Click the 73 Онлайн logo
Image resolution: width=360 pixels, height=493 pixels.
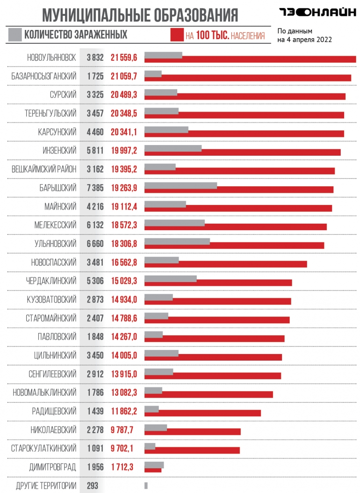(317, 13)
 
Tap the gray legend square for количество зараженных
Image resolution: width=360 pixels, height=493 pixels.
(15, 35)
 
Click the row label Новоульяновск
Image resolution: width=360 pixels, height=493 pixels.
(51, 58)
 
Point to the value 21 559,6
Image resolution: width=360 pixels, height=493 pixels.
(124, 58)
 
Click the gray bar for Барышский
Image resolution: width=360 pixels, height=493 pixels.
(180, 186)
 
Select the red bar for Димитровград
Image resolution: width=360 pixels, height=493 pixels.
(153, 470)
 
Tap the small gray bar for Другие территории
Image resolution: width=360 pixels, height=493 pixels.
(146, 486)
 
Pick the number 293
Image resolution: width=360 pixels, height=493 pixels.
(93, 486)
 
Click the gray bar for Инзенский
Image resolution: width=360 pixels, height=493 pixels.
(173, 148)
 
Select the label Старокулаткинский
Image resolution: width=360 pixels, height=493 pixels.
(43, 449)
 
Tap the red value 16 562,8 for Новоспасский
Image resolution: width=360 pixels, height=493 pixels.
(124, 262)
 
